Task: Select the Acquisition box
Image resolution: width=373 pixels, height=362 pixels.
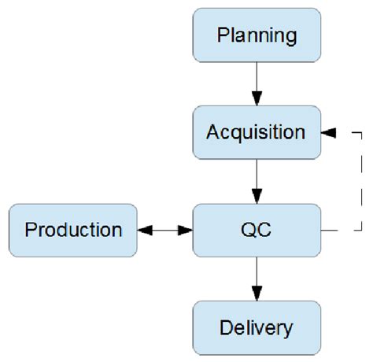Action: tap(256, 131)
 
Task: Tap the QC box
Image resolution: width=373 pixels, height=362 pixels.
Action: tap(256, 230)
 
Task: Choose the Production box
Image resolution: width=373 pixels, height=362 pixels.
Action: tap(73, 230)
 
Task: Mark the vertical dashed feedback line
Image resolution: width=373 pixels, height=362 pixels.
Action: tap(360, 181)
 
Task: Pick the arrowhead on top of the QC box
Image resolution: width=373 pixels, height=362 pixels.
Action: tap(256, 197)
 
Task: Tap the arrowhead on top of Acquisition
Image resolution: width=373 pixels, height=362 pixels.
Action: tap(256, 100)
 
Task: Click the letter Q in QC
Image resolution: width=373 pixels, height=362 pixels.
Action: tap(247, 230)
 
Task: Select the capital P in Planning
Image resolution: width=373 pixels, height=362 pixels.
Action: tap(223, 35)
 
